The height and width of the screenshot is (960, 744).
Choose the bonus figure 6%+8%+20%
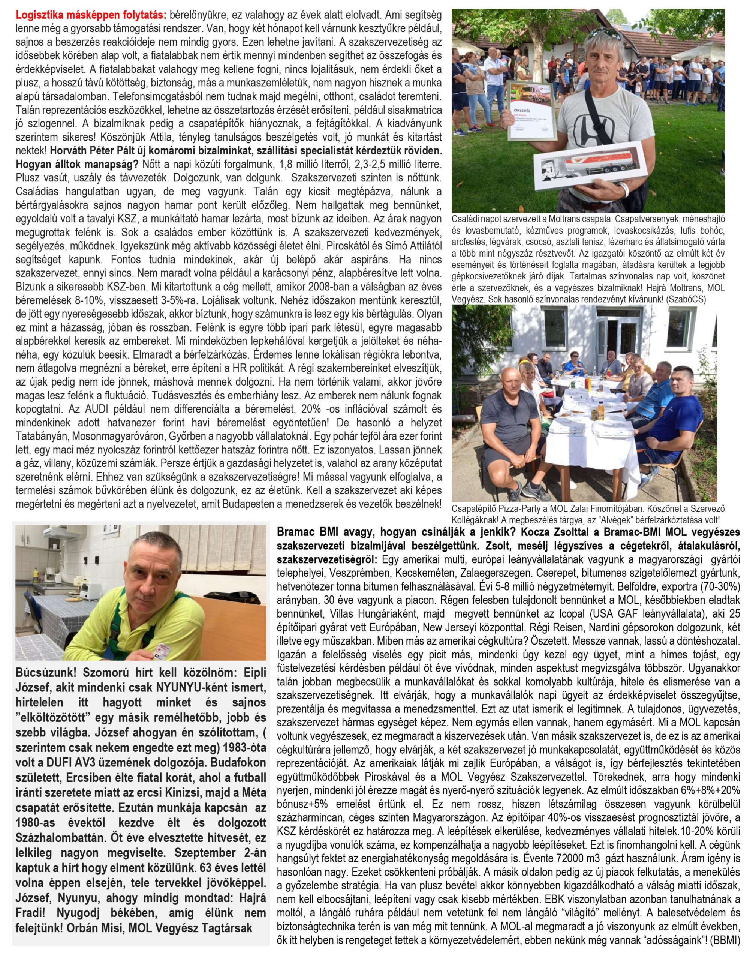tap(707, 773)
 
